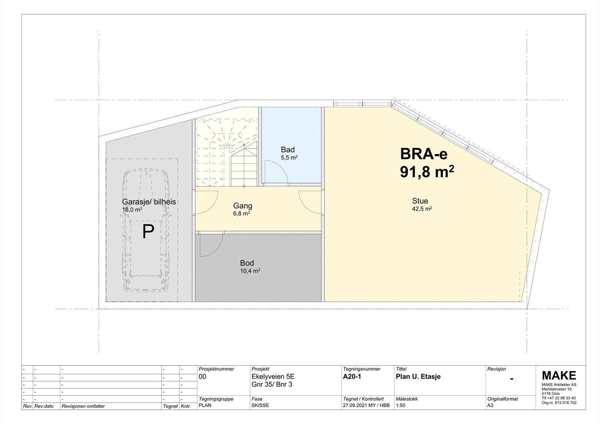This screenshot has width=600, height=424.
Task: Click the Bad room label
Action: (288, 150)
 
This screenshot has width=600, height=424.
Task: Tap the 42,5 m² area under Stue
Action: (422, 209)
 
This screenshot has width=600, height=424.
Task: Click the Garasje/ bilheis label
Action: (149, 202)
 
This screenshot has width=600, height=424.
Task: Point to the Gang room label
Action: (243, 206)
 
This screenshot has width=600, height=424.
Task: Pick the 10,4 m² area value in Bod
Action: (250, 271)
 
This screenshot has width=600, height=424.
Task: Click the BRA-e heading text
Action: (424, 154)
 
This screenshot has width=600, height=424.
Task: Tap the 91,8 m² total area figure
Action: (427, 172)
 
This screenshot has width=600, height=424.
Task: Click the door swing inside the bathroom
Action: (276, 172)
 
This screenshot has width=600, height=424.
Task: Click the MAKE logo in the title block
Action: (559, 375)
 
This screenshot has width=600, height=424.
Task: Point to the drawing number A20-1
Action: (352, 377)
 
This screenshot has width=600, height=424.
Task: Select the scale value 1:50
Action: (401, 405)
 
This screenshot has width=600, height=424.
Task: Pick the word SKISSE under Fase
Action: (260, 405)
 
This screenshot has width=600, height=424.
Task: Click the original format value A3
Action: (490, 405)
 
